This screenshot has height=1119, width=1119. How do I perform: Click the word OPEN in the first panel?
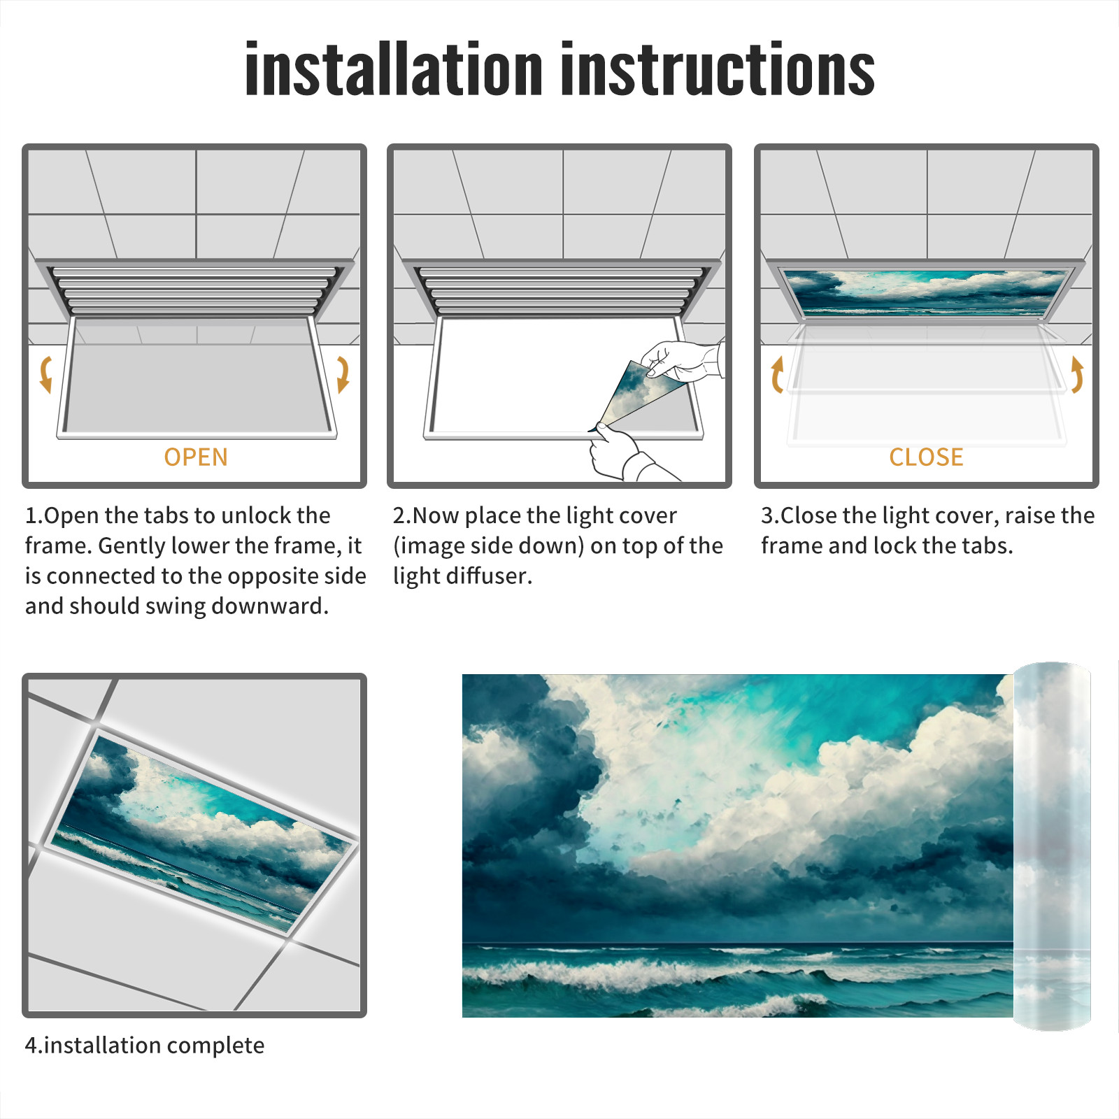coord(196,457)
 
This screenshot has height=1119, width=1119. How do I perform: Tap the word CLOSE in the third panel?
coord(926,457)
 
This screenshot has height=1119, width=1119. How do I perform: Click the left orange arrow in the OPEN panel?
coord(45,374)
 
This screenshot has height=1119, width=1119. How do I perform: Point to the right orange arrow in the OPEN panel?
coord(343,374)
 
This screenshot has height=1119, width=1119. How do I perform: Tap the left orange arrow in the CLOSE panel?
coord(776,374)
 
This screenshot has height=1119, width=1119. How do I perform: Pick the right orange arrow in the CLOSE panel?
coord(1077,374)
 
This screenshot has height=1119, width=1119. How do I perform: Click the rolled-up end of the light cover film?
coord(1052,846)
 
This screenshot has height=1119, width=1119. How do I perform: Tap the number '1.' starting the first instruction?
coord(34,515)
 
